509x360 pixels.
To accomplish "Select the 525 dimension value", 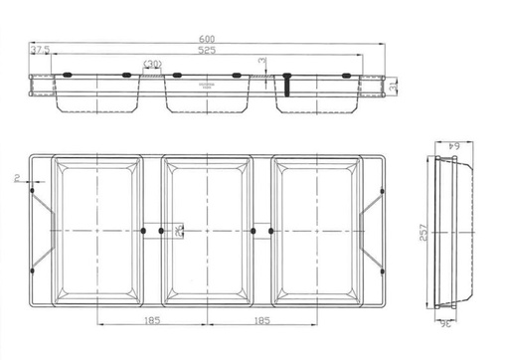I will (206, 50).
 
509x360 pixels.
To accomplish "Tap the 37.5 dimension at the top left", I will (41, 50).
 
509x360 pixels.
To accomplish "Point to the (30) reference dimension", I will (152, 65).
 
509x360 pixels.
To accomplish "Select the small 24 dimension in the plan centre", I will (177, 231).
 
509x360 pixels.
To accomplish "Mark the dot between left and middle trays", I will (145, 231).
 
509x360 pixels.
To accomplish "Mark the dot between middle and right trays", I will (255, 231).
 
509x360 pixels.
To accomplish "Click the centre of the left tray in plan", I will (96, 231).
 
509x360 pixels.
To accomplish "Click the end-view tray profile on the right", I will (453, 231).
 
